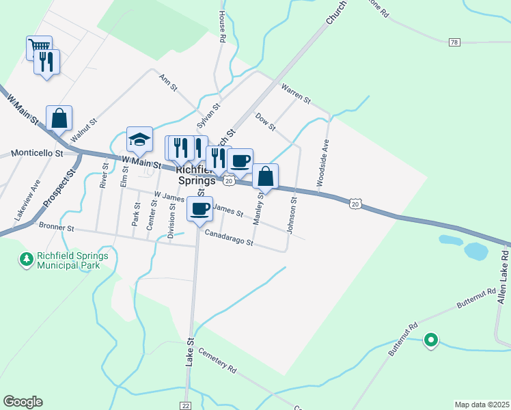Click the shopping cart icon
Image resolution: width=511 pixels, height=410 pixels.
pyautogui.click(x=39, y=48)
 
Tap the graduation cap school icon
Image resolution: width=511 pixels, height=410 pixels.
pyautogui.click(x=139, y=139)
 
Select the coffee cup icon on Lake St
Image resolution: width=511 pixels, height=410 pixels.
pyautogui.click(x=199, y=208)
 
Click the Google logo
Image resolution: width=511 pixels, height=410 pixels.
pyautogui.click(x=23, y=402)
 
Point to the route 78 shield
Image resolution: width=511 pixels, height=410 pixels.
pyautogui.click(x=454, y=42)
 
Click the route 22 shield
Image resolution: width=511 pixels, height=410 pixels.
pyautogui.click(x=186, y=405)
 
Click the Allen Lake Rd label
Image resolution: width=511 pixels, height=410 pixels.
pyautogui.click(x=502, y=277)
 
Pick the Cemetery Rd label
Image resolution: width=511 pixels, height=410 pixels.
pyautogui.click(x=217, y=361)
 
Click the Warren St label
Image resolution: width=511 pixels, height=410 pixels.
pyautogui.click(x=296, y=94)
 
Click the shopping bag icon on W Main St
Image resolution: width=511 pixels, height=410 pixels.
pyautogui.click(x=59, y=118)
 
